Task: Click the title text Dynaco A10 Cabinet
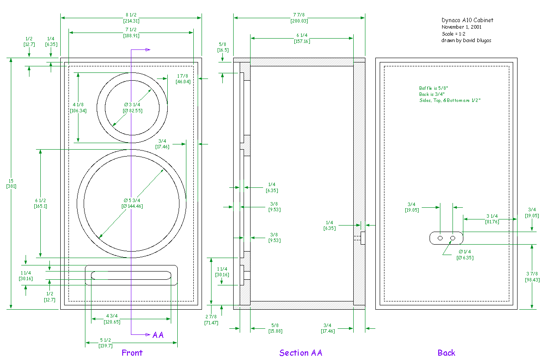point(467,20)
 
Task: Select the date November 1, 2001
point(461,27)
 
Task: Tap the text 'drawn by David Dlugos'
point(466,40)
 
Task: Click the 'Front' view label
point(132,353)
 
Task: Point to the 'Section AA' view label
point(301,353)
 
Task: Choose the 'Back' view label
point(446,353)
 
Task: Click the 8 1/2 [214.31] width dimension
point(131,18)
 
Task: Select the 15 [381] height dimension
point(11,183)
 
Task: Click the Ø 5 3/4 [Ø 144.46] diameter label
point(132,203)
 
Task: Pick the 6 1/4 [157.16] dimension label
point(302,38)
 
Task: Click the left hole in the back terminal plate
point(440,238)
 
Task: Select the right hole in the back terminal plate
point(453,238)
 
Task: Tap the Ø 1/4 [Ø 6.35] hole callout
point(465,255)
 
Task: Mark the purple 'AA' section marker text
point(158,335)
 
